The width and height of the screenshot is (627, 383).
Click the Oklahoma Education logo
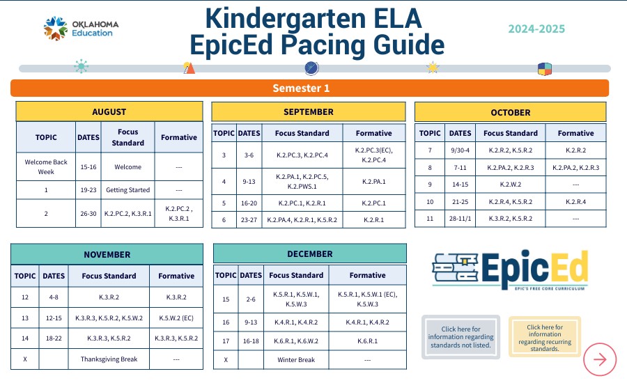81,29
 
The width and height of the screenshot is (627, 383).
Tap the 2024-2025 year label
536,29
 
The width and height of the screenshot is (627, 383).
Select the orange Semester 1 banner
309,88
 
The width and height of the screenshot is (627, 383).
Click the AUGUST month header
109,111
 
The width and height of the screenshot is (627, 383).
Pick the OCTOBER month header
510,112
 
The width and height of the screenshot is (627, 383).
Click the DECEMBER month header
309,253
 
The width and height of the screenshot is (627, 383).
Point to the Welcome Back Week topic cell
46,167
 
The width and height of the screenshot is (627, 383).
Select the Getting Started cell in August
127,189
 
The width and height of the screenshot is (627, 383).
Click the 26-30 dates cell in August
88,213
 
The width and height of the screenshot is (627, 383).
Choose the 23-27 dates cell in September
249,220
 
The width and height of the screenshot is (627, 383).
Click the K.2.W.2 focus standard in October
511,185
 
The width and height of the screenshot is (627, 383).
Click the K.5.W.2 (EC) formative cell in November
176,318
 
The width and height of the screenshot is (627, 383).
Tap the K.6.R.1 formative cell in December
367,342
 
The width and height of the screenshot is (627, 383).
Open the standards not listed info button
460,337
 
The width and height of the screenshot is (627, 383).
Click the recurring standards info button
544,337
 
